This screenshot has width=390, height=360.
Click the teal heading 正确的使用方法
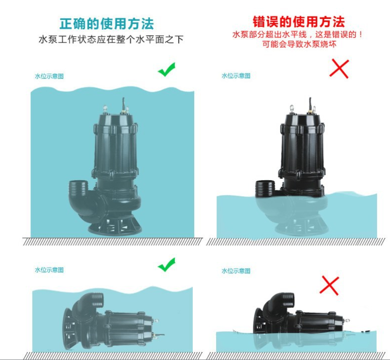point(107,24)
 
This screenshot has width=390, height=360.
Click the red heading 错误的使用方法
point(299,22)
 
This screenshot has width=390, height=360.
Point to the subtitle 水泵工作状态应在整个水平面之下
point(111,39)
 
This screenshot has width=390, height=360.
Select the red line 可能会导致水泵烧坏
point(299,44)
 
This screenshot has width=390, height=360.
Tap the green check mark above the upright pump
point(166,70)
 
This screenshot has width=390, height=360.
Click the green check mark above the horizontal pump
point(166,265)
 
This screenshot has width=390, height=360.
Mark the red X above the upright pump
point(339,69)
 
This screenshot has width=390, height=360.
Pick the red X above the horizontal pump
point(329,286)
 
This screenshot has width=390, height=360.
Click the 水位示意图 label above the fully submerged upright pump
point(49,76)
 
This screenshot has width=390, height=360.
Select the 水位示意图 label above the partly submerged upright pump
point(236,75)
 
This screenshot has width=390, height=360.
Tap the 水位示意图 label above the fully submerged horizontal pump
point(49,270)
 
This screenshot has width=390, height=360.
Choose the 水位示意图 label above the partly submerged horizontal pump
point(236,271)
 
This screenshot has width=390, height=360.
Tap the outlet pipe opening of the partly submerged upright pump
point(265,189)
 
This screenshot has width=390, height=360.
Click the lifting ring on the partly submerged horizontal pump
point(346,321)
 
